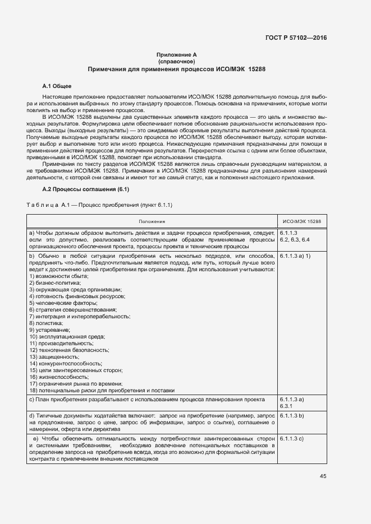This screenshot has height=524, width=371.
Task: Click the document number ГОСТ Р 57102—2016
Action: pyautogui.click(x=296, y=38)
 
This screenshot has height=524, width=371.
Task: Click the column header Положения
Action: pyautogui.click(x=152, y=222)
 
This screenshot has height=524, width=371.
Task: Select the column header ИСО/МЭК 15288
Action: pyautogui.click(x=301, y=222)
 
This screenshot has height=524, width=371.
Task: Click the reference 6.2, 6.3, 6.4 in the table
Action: pyautogui.click(x=294, y=240)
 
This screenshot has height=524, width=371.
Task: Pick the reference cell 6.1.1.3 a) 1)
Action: pyautogui.click(x=295, y=256)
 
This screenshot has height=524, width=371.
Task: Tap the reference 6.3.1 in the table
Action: pyautogui.click(x=287, y=406)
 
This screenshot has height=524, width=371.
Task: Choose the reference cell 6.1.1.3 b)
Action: pyautogui.click(x=291, y=416)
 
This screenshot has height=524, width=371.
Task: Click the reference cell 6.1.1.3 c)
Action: pyautogui.click(x=291, y=438)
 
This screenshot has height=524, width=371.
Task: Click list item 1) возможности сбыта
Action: pyautogui.click(x=58, y=276)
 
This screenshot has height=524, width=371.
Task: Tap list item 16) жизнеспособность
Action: pyautogui.click(x=58, y=377)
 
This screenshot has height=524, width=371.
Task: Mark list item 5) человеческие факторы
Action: pyautogui.click(x=62, y=303)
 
